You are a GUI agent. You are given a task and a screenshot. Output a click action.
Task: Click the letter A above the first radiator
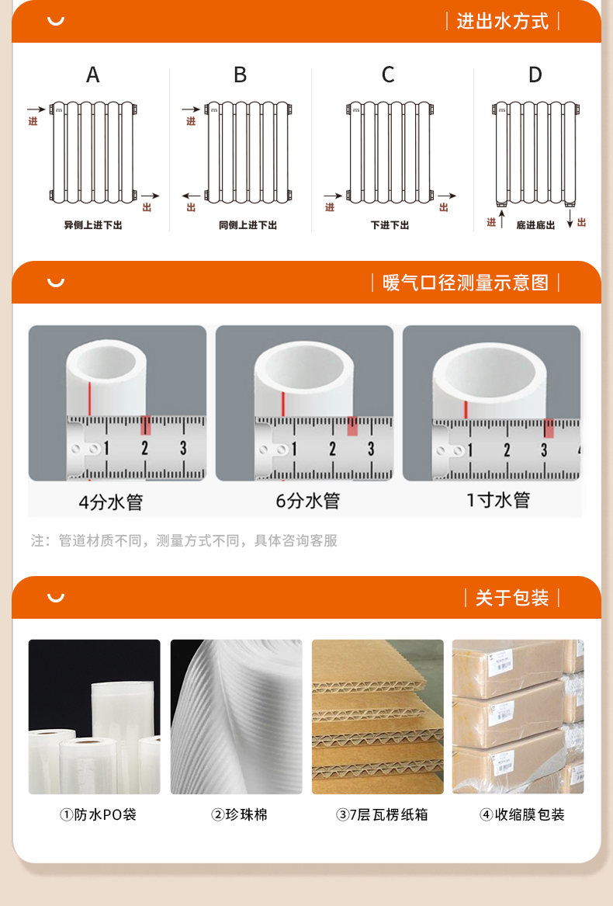[92, 75]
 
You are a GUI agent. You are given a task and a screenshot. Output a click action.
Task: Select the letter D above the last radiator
[535, 75]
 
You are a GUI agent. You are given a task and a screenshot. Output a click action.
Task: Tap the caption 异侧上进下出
[93, 225]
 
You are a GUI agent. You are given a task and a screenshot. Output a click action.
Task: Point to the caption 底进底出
[535, 225]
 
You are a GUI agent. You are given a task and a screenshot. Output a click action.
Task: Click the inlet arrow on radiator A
[36, 109]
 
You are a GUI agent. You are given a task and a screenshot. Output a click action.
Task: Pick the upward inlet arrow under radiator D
[502, 219]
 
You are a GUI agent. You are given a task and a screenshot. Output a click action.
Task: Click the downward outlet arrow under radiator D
[570, 219]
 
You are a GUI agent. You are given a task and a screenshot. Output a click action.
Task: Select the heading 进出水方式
[502, 22]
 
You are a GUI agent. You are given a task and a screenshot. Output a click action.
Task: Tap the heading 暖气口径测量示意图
[465, 283]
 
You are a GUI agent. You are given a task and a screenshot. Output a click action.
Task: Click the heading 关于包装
[511, 598]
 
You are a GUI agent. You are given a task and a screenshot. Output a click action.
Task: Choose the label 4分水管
[111, 502]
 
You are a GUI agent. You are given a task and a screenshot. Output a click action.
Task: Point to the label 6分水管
[308, 501]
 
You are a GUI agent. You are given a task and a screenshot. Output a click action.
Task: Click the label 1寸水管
[498, 500]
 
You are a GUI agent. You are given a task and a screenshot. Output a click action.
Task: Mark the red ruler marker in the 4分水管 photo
[146, 425]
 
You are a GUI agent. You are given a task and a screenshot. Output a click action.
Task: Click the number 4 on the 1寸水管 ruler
[578, 450]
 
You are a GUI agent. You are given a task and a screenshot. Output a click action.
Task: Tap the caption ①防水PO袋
[99, 814]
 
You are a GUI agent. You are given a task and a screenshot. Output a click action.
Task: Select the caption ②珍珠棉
[239, 814]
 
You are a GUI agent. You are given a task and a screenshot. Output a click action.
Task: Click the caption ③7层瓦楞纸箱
[382, 814]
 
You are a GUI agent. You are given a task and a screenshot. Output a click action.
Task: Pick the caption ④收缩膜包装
[522, 814]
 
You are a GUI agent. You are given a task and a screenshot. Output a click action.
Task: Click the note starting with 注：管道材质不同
[184, 540]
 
